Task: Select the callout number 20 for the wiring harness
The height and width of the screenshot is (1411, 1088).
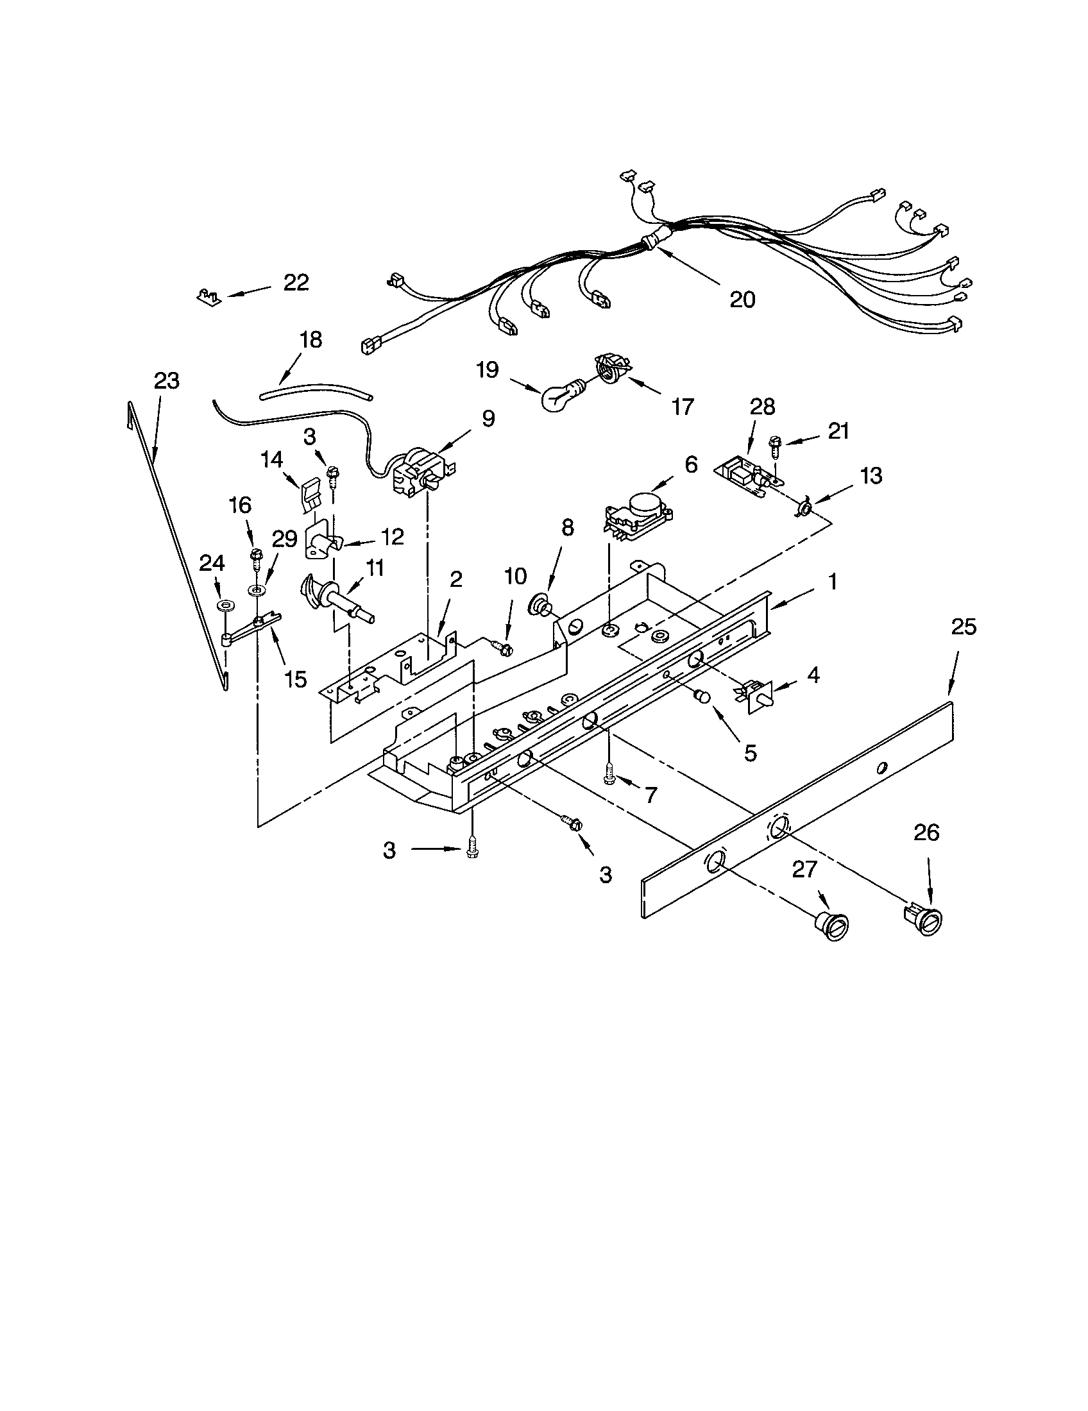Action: (x=742, y=299)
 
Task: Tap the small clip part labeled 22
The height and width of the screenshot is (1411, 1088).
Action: (x=208, y=296)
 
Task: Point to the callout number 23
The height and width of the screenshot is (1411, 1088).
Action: (x=166, y=380)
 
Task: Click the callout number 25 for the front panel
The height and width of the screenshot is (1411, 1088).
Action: (x=964, y=627)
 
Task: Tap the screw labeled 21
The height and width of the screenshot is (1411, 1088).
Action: (x=774, y=445)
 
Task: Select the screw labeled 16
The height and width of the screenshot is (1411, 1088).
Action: (x=255, y=555)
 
